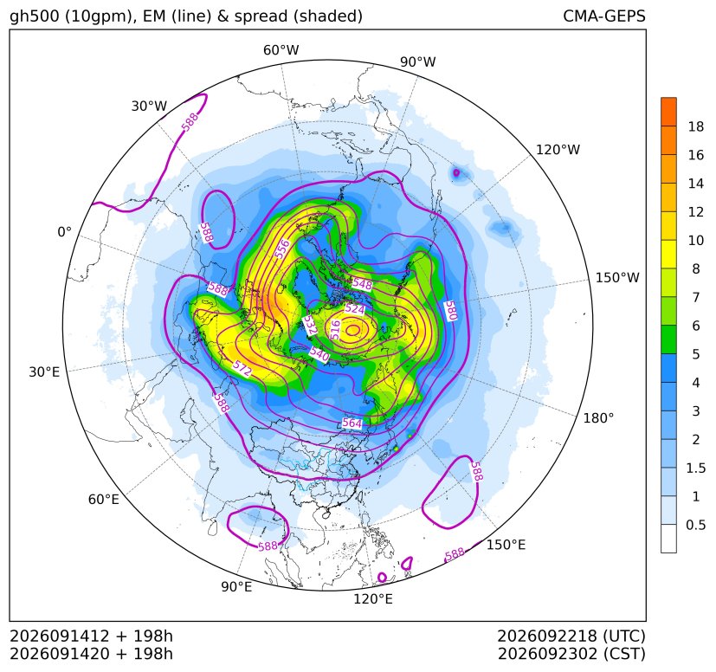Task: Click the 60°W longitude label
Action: click(281, 50)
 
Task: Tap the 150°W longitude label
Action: click(617, 277)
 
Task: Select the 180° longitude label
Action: click(598, 418)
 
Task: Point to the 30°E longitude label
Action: click(44, 372)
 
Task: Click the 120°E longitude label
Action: click(373, 598)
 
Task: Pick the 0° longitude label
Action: click(64, 232)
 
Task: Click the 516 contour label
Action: click(335, 329)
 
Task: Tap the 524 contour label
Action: click(355, 309)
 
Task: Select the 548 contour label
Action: click(362, 284)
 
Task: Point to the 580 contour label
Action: click(450, 311)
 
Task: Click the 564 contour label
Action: click(352, 423)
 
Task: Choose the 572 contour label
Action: click(242, 368)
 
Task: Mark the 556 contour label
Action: click(282, 249)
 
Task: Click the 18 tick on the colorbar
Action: click(696, 126)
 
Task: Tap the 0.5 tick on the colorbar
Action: click(695, 525)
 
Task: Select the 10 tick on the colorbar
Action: click(696, 240)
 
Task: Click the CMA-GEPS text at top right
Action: click(604, 16)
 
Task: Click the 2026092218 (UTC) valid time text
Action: click(571, 636)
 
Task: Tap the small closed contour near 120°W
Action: click(455, 172)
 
